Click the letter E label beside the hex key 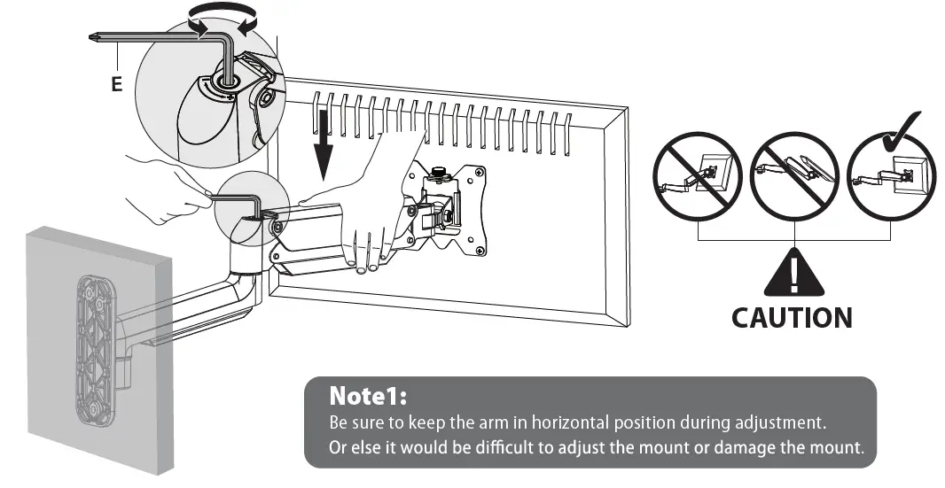pyautogui.click(x=117, y=85)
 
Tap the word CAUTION pyautogui.click(x=792, y=317)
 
